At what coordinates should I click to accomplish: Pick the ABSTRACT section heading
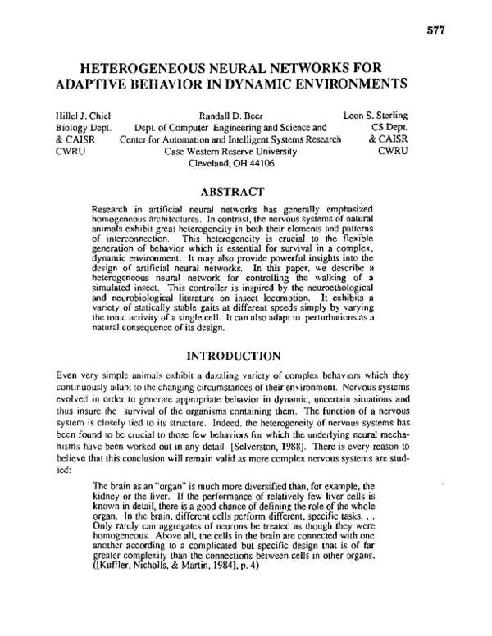(236, 192)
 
